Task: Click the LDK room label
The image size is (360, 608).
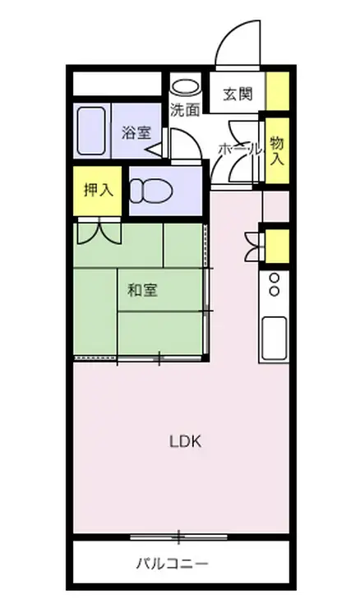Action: coord(185,441)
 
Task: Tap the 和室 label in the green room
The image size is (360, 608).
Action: coord(142,289)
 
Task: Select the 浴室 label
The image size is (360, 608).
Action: coord(136,132)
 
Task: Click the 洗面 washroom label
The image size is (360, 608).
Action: coord(184,109)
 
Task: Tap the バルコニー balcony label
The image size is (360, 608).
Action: coord(172,564)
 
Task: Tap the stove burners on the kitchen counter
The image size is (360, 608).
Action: coord(273,284)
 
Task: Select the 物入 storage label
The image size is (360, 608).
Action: coord(276,150)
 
